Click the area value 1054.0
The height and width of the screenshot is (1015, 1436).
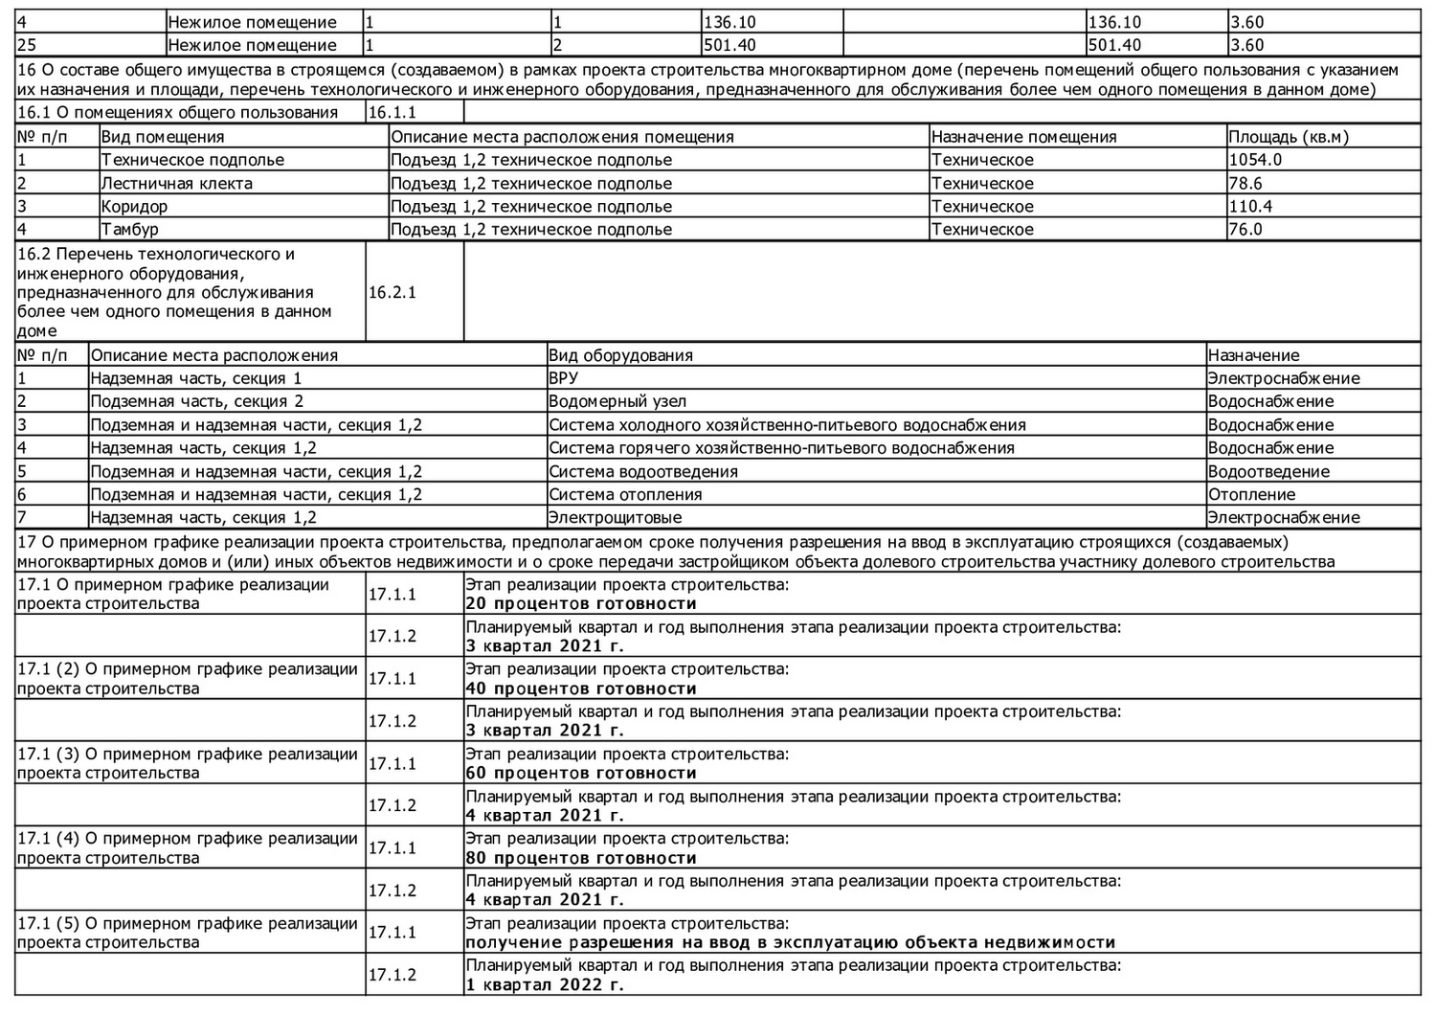1255,160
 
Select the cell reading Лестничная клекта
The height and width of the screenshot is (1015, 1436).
177,183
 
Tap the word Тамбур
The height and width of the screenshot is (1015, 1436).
130,229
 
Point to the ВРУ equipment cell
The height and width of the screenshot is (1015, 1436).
564,378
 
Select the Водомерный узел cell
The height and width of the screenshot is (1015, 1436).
617,401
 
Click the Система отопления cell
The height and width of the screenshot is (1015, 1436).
625,494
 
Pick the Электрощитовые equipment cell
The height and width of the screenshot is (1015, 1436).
616,517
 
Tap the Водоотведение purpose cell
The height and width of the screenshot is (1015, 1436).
1268,471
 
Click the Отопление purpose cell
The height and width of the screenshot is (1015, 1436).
1251,494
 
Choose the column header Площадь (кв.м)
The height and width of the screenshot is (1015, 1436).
1289,137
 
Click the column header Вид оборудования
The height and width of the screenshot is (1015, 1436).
620,355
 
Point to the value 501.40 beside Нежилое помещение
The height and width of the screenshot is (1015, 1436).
729,45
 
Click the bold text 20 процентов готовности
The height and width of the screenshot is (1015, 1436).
580,604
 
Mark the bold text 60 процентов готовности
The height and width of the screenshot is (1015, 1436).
580,773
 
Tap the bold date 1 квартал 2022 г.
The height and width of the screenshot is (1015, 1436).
544,984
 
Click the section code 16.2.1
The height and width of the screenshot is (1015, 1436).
393,292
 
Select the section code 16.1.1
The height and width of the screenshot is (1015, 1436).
393,112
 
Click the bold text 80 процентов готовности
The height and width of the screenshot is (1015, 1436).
580,858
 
